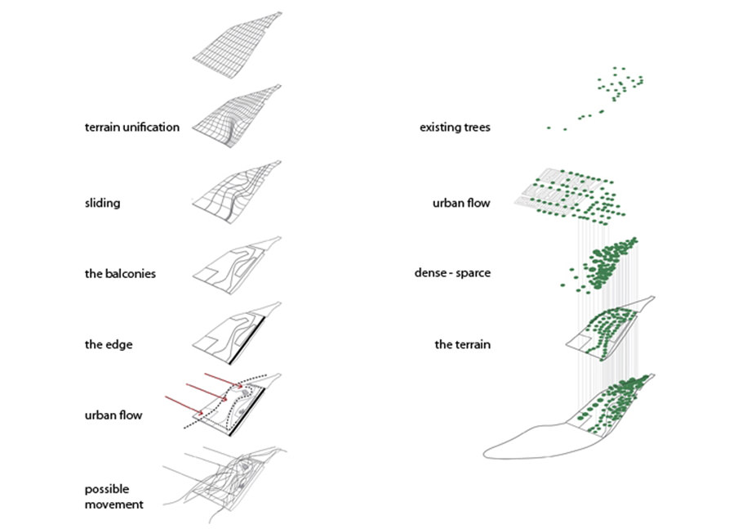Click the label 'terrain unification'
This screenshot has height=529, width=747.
click(x=131, y=128)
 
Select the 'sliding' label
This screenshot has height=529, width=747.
click(x=102, y=202)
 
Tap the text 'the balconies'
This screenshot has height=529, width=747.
click(x=120, y=274)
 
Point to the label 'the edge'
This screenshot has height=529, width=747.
click(x=109, y=344)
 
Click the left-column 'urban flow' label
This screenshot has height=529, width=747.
click(x=113, y=415)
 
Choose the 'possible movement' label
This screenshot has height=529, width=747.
click(x=114, y=496)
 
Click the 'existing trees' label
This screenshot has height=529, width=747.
click(x=455, y=128)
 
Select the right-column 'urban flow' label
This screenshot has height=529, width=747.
click(x=462, y=202)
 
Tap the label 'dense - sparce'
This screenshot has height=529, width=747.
click(x=452, y=273)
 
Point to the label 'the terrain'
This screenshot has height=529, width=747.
click(x=462, y=344)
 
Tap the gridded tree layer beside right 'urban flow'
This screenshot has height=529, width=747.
click(x=571, y=196)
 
